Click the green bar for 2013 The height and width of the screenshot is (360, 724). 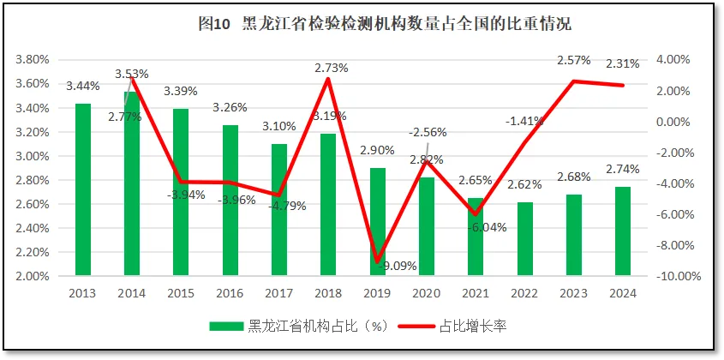pyautogui.click(x=83, y=189)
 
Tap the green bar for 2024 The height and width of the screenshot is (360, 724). pyautogui.click(x=623, y=231)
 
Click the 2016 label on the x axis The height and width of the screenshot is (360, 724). pyautogui.click(x=230, y=292)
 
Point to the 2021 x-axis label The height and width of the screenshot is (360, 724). pyautogui.click(x=476, y=292)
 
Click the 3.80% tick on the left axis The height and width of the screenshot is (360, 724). pyautogui.click(x=33, y=60)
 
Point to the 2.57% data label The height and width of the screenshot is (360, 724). pyautogui.click(x=573, y=61)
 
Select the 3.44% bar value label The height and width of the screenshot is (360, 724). pyautogui.click(x=83, y=86)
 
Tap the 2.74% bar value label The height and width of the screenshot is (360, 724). pyautogui.click(x=623, y=169)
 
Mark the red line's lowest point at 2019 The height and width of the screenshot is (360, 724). pyautogui.click(x=377, y=261)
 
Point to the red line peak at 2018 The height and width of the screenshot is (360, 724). pyautogui.click(x=328, y=79)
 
